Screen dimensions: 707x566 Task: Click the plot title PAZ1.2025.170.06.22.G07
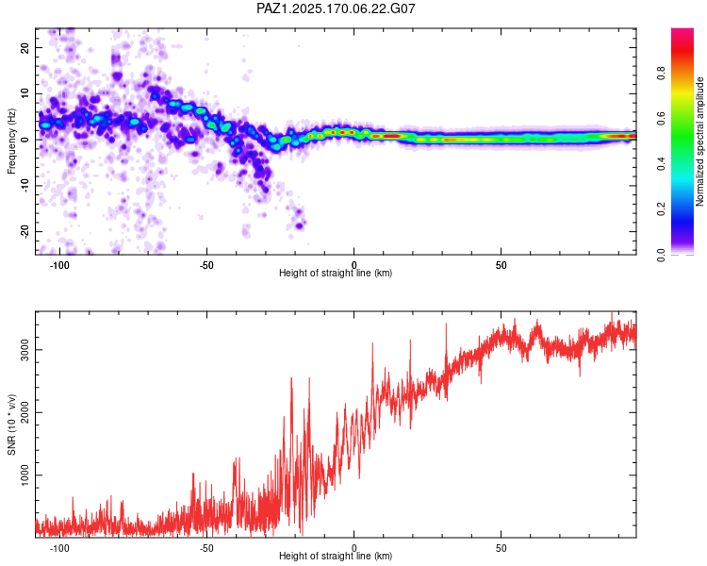point(336,8)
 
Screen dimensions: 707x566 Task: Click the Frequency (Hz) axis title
point(11,141)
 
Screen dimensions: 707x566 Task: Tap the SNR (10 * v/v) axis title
point(11,424)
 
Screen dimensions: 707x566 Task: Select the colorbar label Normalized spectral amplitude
point(699,141)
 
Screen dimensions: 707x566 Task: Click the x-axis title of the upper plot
point(336,273)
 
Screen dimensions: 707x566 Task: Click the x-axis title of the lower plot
point(336,556)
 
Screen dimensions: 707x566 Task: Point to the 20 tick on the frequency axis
point(25,47)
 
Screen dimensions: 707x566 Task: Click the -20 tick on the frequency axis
point(25,231)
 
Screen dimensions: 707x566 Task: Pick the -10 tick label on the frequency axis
point(25,186)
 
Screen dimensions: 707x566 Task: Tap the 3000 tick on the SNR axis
point(25,350)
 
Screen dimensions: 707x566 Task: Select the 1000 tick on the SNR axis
point(25,475)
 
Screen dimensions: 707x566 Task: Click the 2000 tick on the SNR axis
point(25,412)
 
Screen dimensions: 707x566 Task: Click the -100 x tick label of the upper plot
point(59,265)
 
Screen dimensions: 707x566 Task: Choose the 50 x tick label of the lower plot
point(501,548)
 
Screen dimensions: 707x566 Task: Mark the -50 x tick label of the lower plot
point(206,548)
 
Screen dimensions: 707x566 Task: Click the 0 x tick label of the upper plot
point(353,265)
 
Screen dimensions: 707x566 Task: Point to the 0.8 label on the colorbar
point(661,74)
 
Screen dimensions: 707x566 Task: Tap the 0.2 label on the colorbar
point(661,209)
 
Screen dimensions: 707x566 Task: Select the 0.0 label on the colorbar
point(661,255)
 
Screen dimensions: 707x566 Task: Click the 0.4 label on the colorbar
point(661,164)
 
